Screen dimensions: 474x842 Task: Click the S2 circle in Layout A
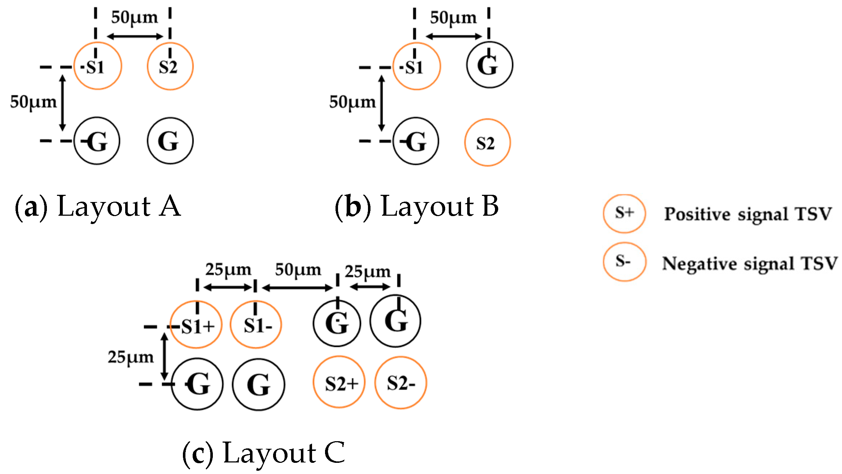click(x=170, y=66)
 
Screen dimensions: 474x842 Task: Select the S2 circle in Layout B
click(x=487, y=142)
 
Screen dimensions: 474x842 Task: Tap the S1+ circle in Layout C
click(x=196, y=325)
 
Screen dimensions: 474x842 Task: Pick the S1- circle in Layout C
click(x=256, y=325)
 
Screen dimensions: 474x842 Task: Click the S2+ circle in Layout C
click(x=339, y=382)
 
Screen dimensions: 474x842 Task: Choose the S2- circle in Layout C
click(x=400, y=382)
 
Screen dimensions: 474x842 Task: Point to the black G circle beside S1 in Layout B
click(x=489, y=65)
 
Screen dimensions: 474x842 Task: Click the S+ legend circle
click(x=624, y=214)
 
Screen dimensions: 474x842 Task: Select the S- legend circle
click(x=624, y=262)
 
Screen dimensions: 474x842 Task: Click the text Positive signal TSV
click(x=748, y=214)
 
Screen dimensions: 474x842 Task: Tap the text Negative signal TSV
click(x=749, y=263)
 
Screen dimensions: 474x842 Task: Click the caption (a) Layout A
click(x=97, y=206)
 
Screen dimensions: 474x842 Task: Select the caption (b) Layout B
click(x=417, y=206)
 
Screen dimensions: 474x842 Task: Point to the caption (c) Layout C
click(x=264, y=453)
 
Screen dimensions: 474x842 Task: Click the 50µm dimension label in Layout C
click(x=298, y=270)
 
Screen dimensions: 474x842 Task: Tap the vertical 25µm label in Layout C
click(x=131, y=357)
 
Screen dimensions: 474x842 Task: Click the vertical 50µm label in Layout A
click(x=33, y=102)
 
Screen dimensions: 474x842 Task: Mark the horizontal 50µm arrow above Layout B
click(x=453, y=36)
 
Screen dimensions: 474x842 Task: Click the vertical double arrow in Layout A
click(x=62, y=103)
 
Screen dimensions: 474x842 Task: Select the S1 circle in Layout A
click(x=97, y=66)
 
